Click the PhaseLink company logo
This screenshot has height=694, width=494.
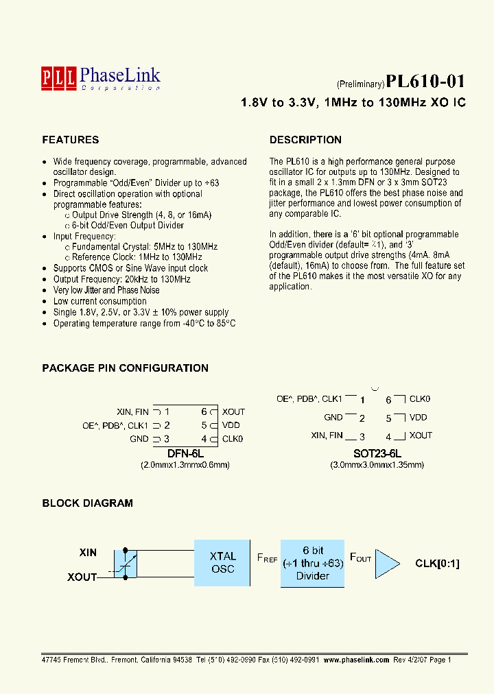[100, 77]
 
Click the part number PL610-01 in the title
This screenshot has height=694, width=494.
[425, 82]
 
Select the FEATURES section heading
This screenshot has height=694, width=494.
[70, 140]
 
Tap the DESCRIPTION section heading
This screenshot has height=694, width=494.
[305, 140]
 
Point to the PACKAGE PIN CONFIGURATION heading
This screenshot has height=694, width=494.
[125, 368]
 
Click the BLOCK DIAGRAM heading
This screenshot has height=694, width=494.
[87, 503]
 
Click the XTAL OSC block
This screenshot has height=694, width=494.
[222, 562]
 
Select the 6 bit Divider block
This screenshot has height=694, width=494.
[313, 563]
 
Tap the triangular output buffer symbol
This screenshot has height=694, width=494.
[388, 564]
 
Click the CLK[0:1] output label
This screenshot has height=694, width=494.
[437, 564]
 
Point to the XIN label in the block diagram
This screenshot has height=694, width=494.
[88, 552]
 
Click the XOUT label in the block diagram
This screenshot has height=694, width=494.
[82, 577]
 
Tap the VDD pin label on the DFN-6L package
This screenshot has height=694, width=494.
[231, 425]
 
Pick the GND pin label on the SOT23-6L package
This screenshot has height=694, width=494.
[333, 418]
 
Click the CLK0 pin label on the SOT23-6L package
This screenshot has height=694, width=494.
[419, 398]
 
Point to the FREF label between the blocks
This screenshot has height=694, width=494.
[267, 558]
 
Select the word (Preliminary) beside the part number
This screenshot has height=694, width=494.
[360, 84]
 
